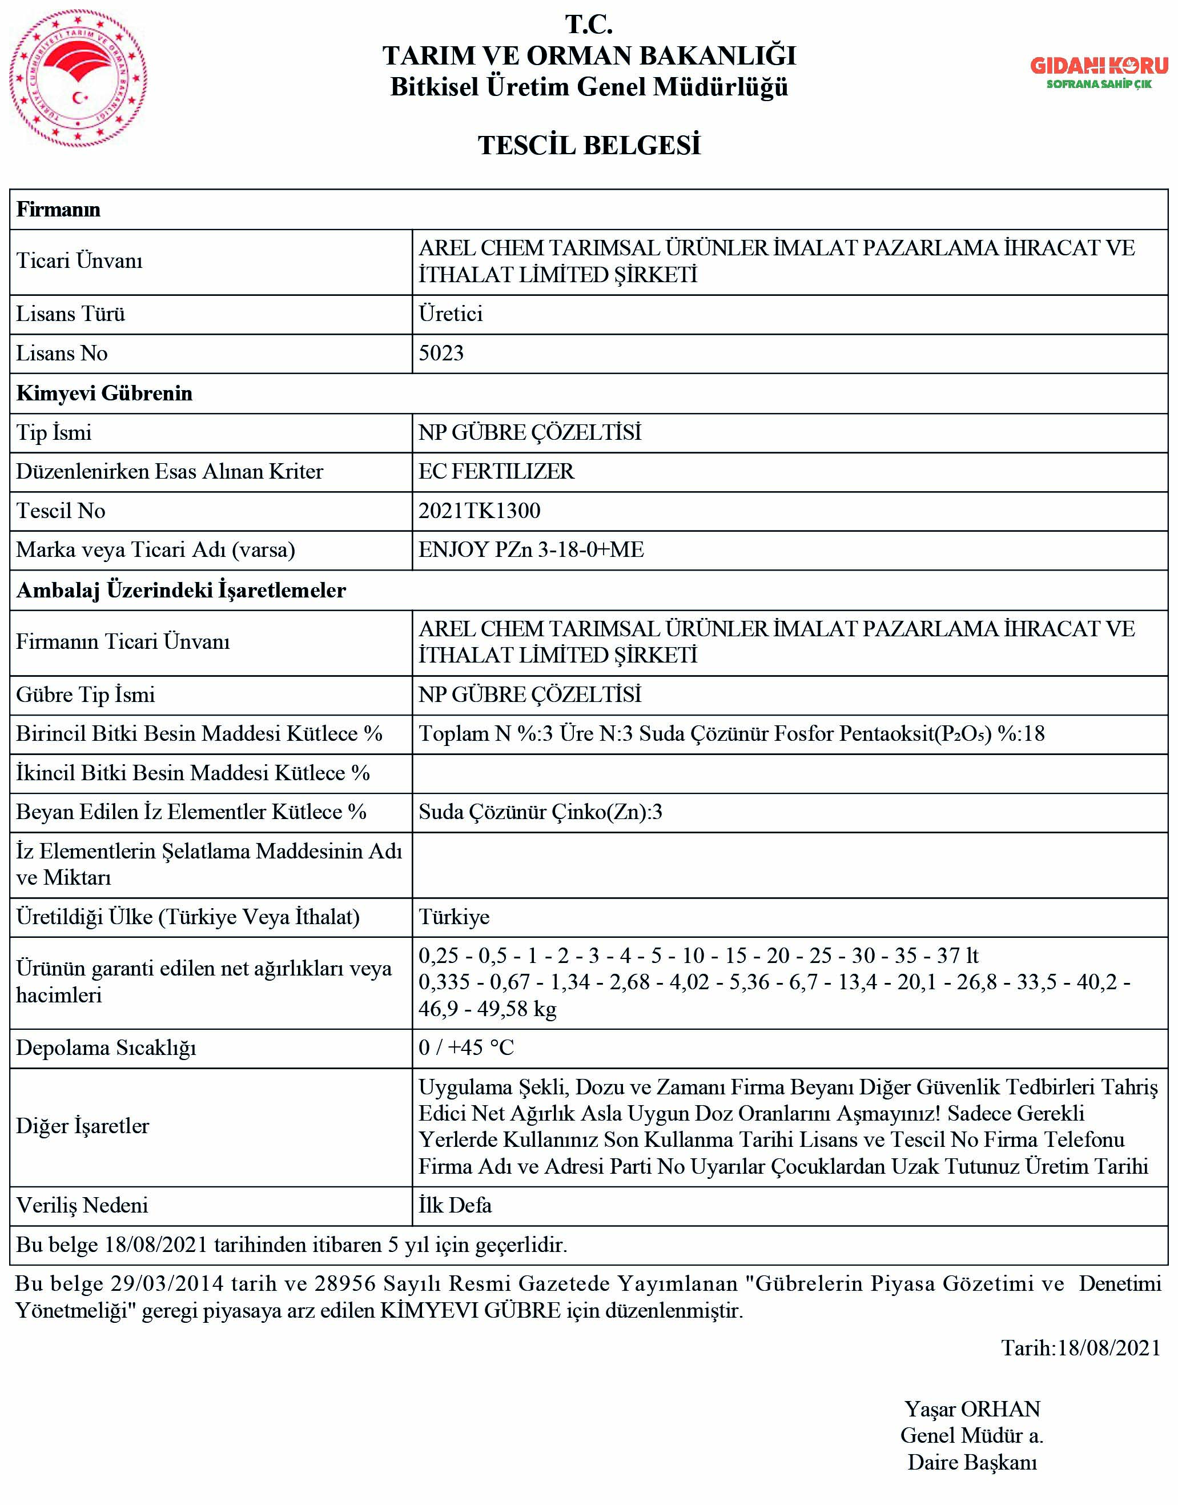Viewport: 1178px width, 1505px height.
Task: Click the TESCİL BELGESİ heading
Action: tap(589, 146)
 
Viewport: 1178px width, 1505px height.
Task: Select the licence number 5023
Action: tap(441, 353)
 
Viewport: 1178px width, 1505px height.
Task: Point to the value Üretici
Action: tap(451, 314)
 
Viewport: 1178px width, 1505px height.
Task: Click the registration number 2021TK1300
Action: tap(479, 511)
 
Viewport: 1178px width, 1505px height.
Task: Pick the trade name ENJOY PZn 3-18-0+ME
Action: tap(531, 549)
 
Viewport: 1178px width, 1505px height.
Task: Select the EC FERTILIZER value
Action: tap(496, 471)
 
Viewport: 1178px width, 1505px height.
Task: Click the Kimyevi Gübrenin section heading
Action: tap(104, 393)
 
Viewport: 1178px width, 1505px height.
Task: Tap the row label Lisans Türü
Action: tap(70, 314)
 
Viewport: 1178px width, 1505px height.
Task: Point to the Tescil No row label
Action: tap(61, 511)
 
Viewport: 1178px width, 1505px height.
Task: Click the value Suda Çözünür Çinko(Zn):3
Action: tap(540, 812)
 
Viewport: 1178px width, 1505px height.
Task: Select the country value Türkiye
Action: tap(454, 917)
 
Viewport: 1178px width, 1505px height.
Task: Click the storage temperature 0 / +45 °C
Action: tap(467, 1048)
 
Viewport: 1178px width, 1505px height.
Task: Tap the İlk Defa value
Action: tap(455, 1205)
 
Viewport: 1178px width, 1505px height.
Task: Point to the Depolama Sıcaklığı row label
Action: tap(106, 1048)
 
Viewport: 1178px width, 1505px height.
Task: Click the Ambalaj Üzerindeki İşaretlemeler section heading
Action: tap(180, 590)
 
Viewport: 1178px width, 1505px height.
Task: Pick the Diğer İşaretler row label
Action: tap(83, 1126)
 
